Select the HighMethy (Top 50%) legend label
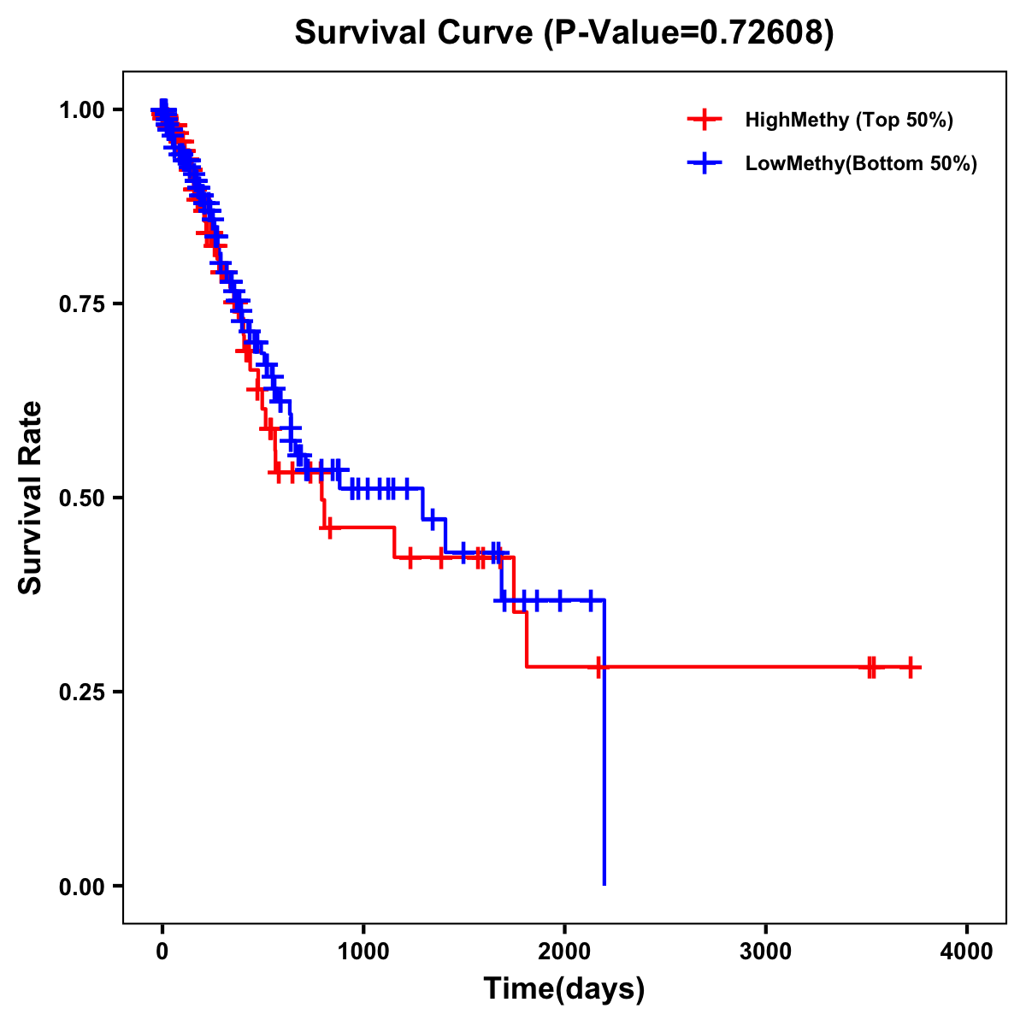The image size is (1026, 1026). click(x=848, y=120)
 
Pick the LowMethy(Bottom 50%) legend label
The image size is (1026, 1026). click(x=861, y=163)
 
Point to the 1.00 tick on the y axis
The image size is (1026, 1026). click(x=81, y=109)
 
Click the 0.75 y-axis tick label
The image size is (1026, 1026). click(x=81, y=304)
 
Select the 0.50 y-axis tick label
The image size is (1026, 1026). click(x=81, y=498)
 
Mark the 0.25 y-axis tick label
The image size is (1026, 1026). click(x=81, y=692)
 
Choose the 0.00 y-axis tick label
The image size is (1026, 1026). click(x=81, y=886)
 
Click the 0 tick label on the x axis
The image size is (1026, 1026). click(x=162, y=952)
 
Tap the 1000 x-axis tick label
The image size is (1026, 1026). click(x=363, y=952)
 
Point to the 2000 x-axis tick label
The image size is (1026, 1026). click(x=564, y=952)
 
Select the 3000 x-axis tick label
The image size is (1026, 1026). click(x=765, y=952)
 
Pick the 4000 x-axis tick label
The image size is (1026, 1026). click(x=967, y=952)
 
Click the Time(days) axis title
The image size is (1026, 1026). click(x=564, y=989)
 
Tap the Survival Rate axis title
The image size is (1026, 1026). click(x=31, y=498)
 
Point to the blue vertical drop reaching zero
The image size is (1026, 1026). click(x=604, y=769)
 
